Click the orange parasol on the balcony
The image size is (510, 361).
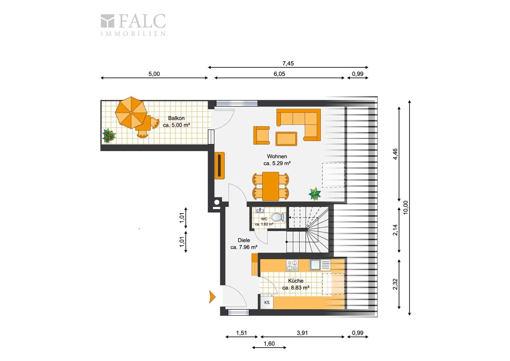point(131,113)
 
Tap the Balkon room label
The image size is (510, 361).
point(176,118)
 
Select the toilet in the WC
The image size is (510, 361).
point(278,217)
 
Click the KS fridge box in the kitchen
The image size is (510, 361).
point(267,302)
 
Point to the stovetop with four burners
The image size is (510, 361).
point(292,265)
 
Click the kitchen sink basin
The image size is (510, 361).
point(315,265)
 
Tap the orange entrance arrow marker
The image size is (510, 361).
point(212,297)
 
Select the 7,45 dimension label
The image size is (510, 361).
point(288,63)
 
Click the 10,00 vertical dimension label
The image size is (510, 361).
point(405,208)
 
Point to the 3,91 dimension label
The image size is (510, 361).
point(302,333)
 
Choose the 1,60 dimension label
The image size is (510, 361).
point(269,343)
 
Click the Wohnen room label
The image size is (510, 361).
point(277,156)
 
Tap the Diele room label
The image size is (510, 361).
point(244,240)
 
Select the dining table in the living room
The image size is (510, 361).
point(270,186)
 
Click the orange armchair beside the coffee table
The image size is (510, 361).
point(261,135)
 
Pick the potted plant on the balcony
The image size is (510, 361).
point(109,135)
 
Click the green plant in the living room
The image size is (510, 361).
point(315,194)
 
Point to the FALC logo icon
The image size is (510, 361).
point(107,21)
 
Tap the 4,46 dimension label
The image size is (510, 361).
point(395,154)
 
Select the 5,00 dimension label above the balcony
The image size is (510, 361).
point(154,74)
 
